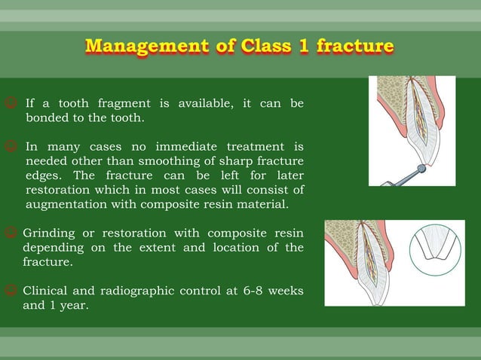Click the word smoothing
161,160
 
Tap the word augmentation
66,203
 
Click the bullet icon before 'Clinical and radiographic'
12,291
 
